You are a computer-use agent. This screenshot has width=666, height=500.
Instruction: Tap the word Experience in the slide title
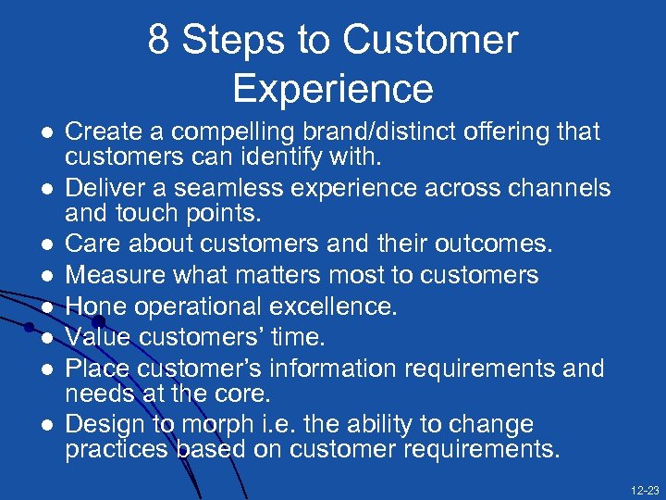(333, 88)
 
